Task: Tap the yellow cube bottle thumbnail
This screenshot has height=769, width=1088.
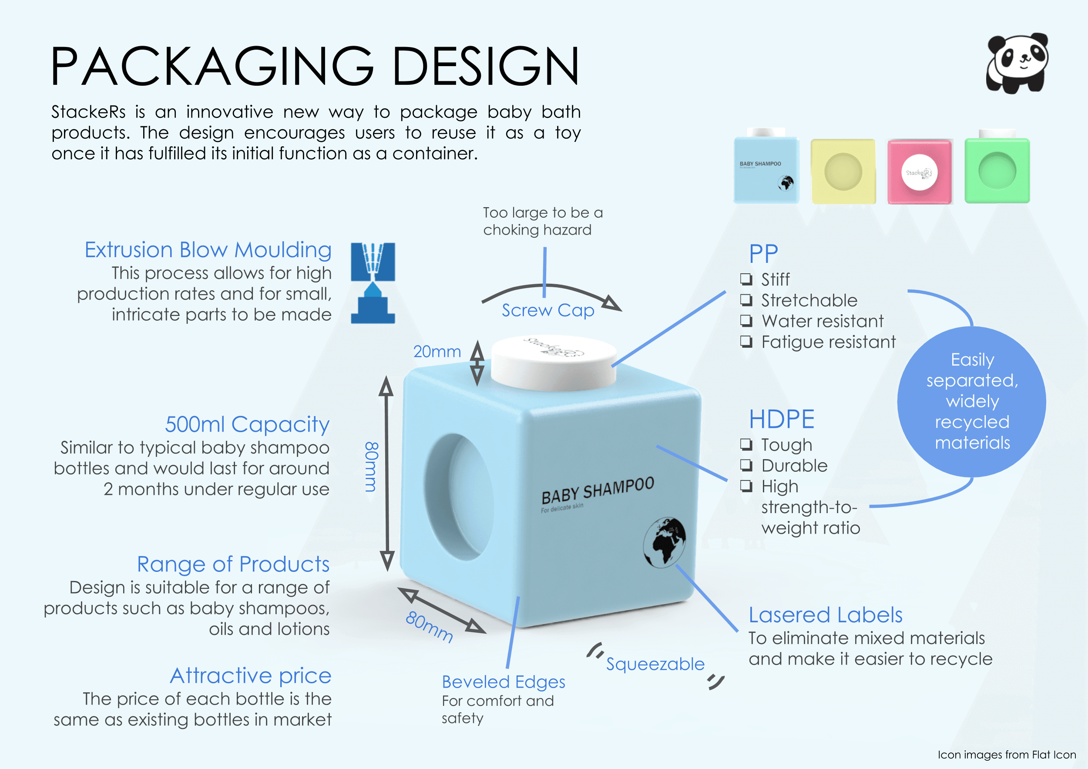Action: click(x=843, y=171)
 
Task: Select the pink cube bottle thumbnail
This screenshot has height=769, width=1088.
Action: click(x=919, y=171)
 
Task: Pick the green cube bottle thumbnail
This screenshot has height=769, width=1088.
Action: click(x=997, y=171)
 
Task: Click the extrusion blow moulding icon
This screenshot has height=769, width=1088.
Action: click(x=373, y=283)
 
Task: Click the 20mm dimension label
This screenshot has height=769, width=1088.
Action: click(x=437, y=352)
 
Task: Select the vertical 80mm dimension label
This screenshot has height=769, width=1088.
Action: click(x=372, y=467)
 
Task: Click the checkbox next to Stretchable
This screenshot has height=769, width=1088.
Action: click(x=746, y=300)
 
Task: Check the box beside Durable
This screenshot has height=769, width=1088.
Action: click(x=746, y=465)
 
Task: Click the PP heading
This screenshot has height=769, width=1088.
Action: click(x=763, y=254)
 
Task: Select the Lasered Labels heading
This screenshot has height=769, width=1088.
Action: click(x=825, y=615)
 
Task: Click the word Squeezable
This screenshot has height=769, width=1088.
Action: click(x=655, y=664)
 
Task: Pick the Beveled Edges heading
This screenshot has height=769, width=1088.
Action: click(x=503, y=682)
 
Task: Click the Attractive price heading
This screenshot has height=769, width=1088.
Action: click(x=250, y=676)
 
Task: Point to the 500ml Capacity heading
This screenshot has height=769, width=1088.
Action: click(x=247, y=424)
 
